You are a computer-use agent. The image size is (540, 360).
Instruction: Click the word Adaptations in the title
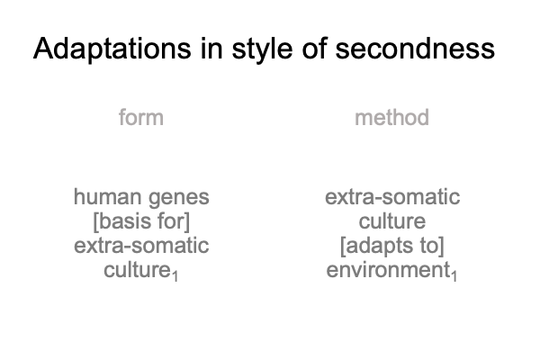(112, 49)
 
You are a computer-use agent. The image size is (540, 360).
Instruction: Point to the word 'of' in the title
(315, 49)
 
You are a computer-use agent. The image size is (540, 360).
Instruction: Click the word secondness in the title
(415, 49)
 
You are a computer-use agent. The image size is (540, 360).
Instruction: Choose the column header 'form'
(141, 117)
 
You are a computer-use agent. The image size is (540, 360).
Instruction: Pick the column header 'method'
(391, 117)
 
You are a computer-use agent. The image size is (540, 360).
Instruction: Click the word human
(108, 197)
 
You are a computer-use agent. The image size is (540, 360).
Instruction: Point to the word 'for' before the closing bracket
(174, 221)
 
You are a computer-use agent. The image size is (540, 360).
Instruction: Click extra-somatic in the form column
(141, 246)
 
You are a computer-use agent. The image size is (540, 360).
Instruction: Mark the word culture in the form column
(137, 270)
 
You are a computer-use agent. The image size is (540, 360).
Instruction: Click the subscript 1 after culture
(175, 276)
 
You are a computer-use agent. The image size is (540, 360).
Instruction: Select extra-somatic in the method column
(392, 197)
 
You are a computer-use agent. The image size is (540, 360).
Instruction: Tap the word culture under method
(392, 221)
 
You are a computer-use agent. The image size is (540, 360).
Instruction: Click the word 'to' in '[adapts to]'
(432, 246)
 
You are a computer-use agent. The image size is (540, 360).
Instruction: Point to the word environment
(388, 270)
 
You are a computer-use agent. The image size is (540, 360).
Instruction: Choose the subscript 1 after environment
(454, 276)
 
